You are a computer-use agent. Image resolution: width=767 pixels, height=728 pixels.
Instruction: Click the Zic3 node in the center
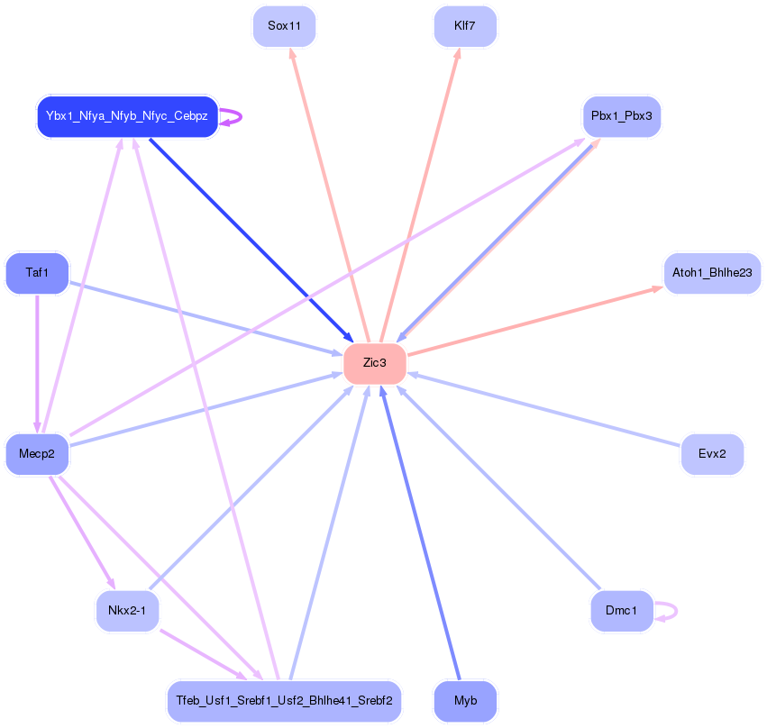375,363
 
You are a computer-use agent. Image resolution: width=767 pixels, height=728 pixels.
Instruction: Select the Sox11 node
284,26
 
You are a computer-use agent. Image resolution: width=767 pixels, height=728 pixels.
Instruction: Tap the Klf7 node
465,26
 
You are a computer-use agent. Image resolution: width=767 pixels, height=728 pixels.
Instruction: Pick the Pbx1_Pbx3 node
622,116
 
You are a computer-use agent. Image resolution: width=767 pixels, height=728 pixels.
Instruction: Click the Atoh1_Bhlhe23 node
712,272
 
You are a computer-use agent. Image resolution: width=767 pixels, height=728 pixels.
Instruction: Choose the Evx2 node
712,453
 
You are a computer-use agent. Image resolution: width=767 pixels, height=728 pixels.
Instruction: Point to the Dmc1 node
621,611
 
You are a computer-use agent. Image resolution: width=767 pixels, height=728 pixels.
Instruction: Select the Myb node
465,701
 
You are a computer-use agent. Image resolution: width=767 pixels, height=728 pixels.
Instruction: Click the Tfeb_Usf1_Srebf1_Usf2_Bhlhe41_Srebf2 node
284,701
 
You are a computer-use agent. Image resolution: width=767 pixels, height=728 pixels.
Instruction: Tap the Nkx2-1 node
127,611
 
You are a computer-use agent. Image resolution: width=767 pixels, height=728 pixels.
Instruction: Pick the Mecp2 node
37,453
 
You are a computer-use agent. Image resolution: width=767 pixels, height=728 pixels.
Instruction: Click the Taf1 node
37,272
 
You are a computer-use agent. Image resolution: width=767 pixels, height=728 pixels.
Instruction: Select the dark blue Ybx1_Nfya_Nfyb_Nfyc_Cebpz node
127,116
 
